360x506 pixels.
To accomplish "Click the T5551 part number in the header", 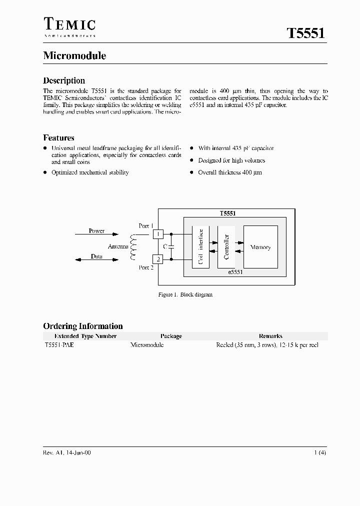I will tap(306, 34).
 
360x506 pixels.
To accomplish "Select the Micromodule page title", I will tap(74, 56).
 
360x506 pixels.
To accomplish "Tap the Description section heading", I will tap(64, 80).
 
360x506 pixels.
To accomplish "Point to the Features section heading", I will tap(58, 138).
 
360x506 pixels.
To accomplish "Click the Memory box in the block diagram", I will tap(260, 247).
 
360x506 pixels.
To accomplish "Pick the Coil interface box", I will tap(200, 247).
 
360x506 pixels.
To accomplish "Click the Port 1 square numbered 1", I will tap(158, 233).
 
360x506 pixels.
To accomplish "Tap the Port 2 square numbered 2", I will tap(158, 259).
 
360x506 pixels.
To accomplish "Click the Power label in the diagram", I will tap(96, 231).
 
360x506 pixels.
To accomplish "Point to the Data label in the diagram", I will tap(96, 256).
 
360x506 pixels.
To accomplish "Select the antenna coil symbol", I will tap(133, 247).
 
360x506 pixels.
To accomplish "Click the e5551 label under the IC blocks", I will tap(235, 272).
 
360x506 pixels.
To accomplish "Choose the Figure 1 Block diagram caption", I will tap(185, 295).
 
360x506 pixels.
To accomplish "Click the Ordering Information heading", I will tap(82, 326).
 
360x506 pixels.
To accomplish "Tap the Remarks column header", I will tap(270, 336).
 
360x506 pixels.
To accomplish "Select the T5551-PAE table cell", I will tap(59, 345).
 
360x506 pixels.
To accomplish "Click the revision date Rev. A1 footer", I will tap(67, 452).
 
